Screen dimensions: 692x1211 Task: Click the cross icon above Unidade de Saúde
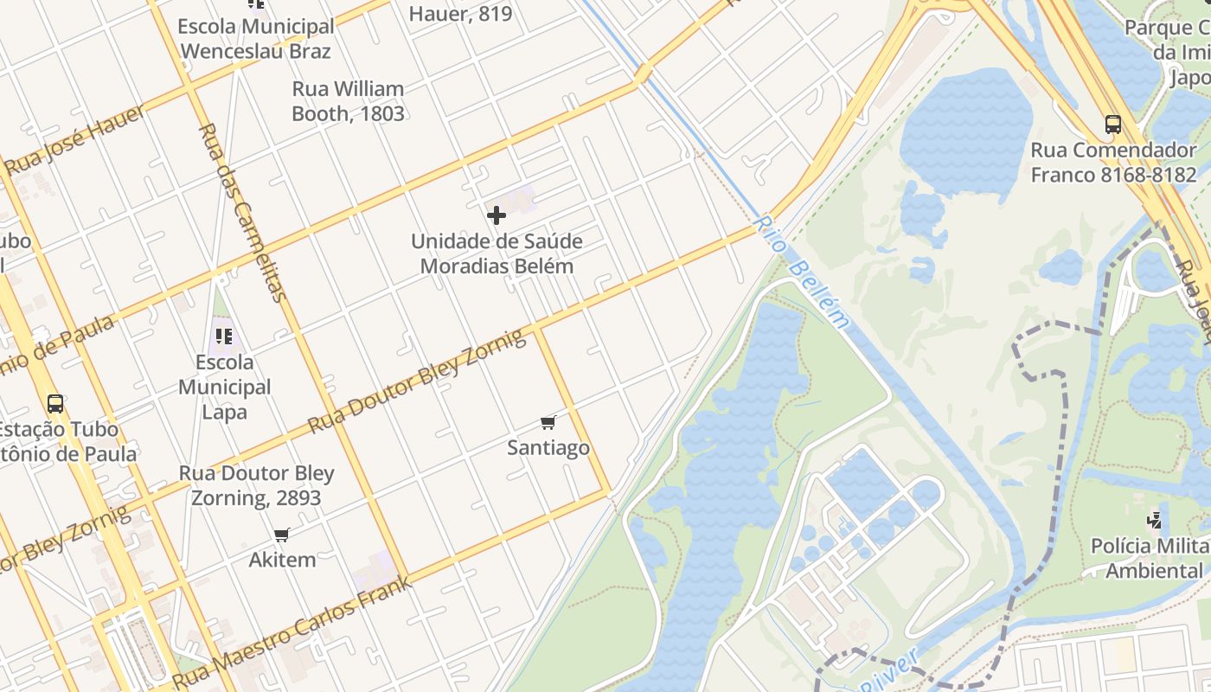tap(497, 215)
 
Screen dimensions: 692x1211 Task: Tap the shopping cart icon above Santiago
tap(548, 422)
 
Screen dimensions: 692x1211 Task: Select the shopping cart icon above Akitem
tap(281, 535)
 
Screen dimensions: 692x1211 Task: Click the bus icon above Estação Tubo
tap(55, 403)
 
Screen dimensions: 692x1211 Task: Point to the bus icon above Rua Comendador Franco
tap(1113, 125)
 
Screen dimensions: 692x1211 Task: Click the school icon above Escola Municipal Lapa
tap(224, 336)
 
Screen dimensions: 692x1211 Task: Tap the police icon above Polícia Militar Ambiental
tap(1154, 520)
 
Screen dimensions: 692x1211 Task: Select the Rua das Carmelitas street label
tap(241, 212)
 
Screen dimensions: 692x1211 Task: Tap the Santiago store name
tap(548, 447)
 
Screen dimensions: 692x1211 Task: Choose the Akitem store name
tap(282, 560)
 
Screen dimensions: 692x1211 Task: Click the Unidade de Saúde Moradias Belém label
tap(497, 253)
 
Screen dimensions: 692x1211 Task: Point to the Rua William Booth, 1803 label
tap(348, 101)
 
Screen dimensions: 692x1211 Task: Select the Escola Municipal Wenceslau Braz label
tap(255, 39)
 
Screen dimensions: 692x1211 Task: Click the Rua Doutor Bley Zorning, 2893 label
tap(256, 485)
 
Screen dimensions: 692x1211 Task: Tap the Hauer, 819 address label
tap(460, 14)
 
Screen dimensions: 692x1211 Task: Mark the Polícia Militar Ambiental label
tap(1150, 558)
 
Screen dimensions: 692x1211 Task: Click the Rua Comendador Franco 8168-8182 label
tap(1113, 163)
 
